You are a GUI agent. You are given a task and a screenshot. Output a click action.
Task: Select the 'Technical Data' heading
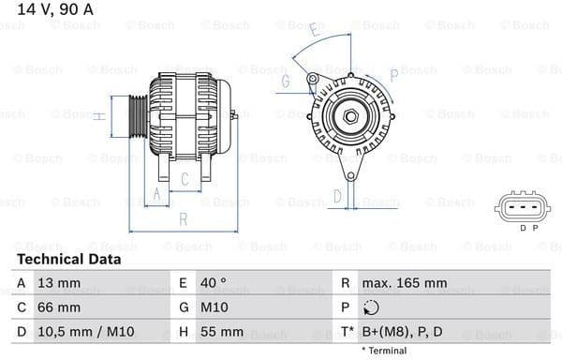68,259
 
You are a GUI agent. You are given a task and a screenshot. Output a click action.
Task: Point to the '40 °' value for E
214,283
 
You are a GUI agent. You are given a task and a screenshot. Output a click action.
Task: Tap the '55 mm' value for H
221,332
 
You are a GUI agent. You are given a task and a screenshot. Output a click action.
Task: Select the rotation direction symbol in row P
372,307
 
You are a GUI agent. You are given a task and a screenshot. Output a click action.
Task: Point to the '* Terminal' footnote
385,351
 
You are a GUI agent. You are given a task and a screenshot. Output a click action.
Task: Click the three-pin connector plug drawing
522,205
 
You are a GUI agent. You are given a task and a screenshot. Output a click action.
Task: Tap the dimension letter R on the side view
184,219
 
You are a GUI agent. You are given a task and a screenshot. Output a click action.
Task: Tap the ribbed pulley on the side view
137,116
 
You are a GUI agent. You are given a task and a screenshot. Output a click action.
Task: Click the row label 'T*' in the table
347,332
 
